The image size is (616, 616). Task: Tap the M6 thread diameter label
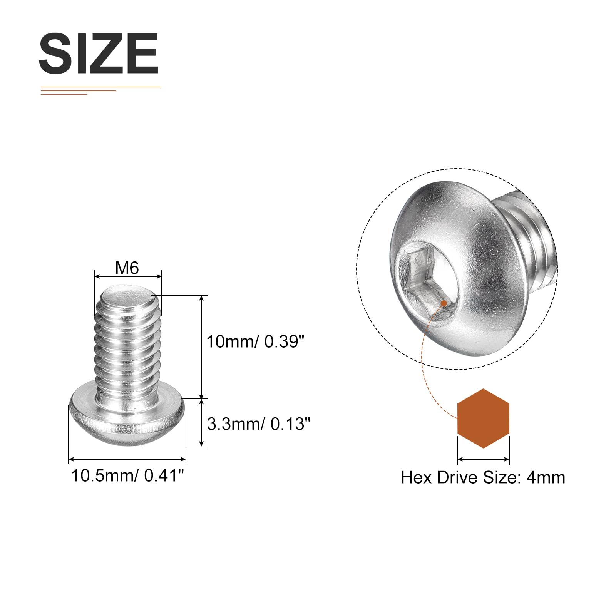(x=127, y=268)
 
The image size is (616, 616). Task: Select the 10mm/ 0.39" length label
(x=256, y=342)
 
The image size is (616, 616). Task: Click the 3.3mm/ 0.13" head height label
(x=258, y=424)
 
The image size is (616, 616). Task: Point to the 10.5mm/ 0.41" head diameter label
(x=128, y=476)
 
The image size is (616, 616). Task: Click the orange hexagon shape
(x=483, y=418)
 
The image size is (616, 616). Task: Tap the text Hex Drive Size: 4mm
(x=483, y=477)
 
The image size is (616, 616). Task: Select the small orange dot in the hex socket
(x=444, y=303)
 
